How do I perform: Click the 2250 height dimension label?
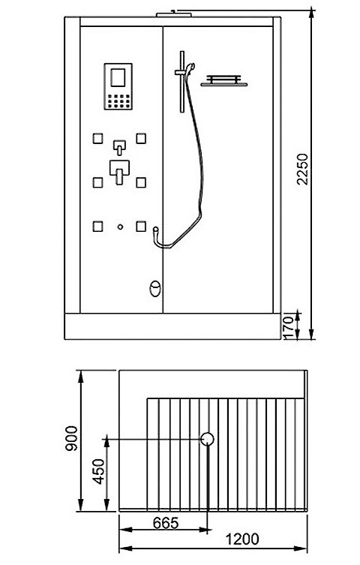coord(302,169)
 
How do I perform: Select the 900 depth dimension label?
coord(71,438)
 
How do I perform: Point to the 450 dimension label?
coord(98,471)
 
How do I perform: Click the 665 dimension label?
coord(166,523)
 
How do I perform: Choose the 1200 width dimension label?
coord(242,539)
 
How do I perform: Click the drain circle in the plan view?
coord(207,439)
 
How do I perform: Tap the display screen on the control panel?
coord(118,77)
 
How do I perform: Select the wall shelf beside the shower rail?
coord(224,81)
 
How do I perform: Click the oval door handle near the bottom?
coord(155,289)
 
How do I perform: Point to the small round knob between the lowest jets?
coord(120,227)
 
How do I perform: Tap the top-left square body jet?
coord(98,138)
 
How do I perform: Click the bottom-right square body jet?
coord(141,227)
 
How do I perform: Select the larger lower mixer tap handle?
coord(119,173)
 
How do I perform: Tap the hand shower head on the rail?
coord(190,68)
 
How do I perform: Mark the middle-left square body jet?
coord(98,182)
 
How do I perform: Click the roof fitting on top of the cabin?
coord(175,14)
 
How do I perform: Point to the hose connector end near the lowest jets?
coord(155,230)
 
